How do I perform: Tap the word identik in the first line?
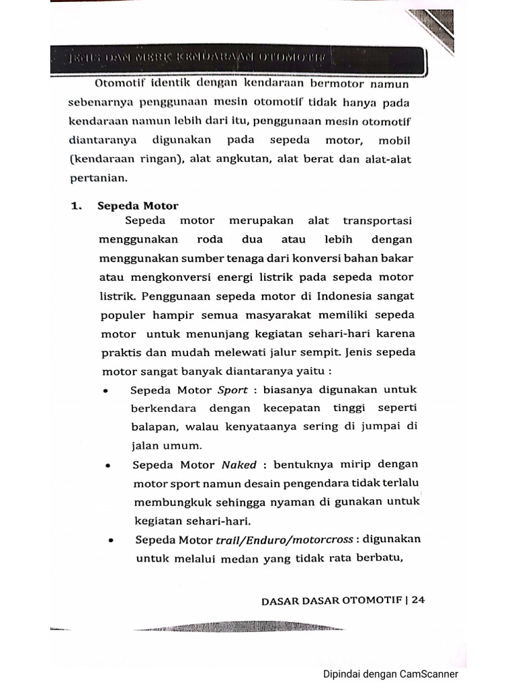pos(171,86)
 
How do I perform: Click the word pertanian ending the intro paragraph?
pos(97,179)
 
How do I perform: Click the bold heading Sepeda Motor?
pos(138,206)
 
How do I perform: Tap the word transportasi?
pos(378,221)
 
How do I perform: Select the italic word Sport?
pos(232,390)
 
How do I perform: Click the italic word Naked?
pos(238,465)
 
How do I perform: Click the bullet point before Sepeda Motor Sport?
pos(105,391)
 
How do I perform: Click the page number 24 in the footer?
pos(419,601)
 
